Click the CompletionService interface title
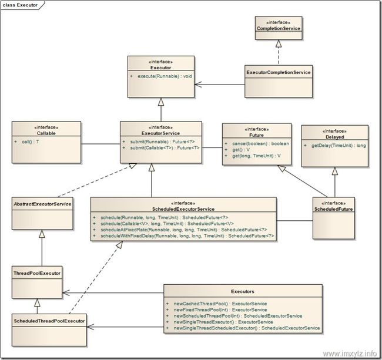pos(279,28)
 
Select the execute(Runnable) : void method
pos(165,76)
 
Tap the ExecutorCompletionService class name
pos(279,72)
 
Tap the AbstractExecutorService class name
pos(42,204)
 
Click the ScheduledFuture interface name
pos(334,209)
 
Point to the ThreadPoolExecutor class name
pos(37,273)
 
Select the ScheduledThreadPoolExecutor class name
pos(49,321)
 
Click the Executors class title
pos(243,291)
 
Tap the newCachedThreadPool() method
pos(220,304)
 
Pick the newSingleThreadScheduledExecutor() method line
pos(247,328)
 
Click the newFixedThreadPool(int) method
pos(220,310)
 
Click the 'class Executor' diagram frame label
pos(20,5)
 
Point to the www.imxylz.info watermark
pos(350,353)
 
